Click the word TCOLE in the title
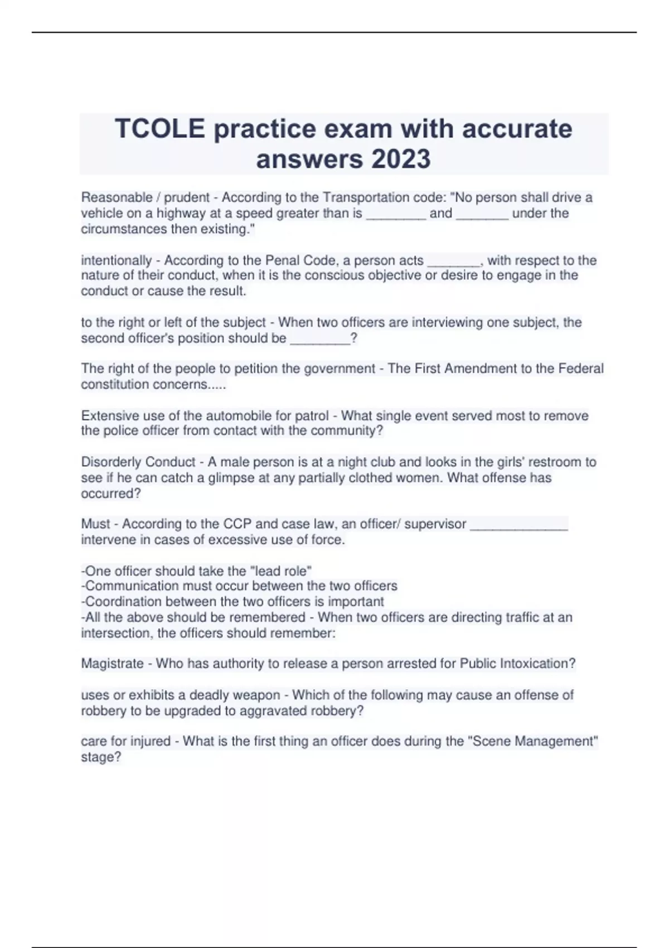pos(159,129)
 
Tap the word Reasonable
pos(117,197)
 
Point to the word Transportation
pos(366,197)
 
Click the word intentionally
pos(116,260)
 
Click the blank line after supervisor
pos(519,525)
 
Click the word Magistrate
pos(112,664)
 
